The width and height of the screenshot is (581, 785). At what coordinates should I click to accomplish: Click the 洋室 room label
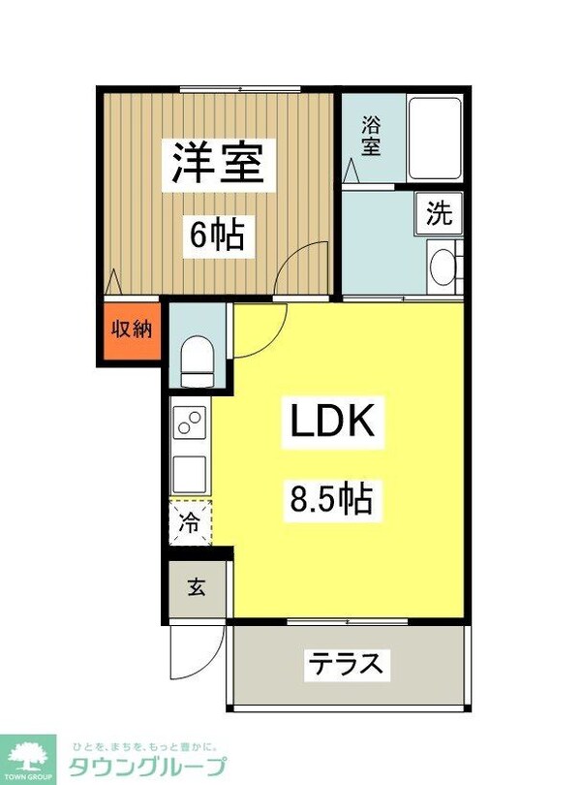(x=219, y=163)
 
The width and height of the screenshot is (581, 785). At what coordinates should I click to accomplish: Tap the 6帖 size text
(x=216, y=234)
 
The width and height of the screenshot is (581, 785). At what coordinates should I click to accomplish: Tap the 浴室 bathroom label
(x=371, y=137)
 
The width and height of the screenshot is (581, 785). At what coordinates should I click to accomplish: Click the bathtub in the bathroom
(x=434, y=138)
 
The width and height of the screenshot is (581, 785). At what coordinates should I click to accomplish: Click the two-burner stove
(x=190, y=424)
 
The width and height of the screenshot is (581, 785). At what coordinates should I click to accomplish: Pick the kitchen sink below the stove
(x=190, y=474)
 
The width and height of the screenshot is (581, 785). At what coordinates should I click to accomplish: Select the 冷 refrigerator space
(x=191, y=523)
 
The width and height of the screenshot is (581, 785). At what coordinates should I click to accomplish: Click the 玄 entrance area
(x=197, y=587)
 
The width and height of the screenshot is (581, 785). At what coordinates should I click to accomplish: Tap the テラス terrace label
(x=347, y=665)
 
